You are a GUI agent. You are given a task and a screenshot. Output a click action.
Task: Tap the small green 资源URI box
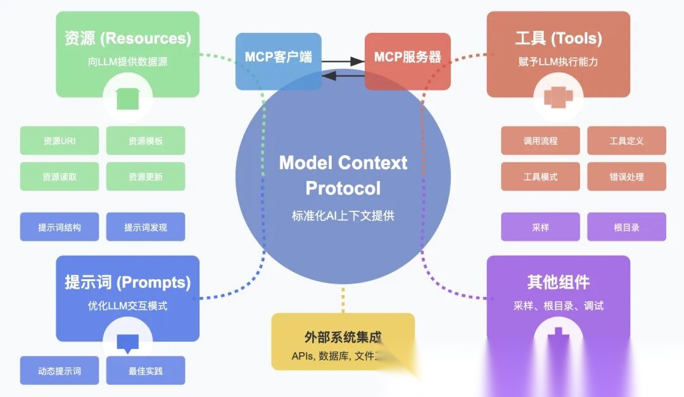(60, 141)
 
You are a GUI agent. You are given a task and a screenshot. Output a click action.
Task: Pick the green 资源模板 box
(146, 141)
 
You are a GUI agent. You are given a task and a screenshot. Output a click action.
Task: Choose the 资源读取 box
(60, 177)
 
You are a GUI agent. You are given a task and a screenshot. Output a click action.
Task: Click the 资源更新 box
(146, 177)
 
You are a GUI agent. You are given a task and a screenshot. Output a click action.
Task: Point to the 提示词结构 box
(60, 227)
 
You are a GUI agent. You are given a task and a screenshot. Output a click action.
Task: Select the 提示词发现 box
(146, 227)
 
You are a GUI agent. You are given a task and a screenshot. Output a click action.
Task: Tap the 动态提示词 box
(60, 370)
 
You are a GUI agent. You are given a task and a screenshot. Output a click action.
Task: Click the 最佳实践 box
(146, 370)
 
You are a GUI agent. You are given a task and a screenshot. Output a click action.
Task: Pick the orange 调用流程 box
(540, 141)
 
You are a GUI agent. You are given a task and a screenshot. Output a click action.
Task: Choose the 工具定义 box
(626, 141)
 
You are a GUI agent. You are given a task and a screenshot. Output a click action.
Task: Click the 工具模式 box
(540, 177)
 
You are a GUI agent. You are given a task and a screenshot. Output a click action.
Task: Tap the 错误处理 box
(626, 177)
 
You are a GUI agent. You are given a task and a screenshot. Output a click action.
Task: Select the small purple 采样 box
(540, 227)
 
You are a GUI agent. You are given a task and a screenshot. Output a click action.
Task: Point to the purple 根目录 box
(626, 227)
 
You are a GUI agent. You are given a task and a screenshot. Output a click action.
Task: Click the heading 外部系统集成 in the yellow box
(343, 337)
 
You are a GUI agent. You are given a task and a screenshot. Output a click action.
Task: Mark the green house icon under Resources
(127, 99)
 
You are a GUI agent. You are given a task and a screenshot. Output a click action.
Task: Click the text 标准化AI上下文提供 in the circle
(343, 215)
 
